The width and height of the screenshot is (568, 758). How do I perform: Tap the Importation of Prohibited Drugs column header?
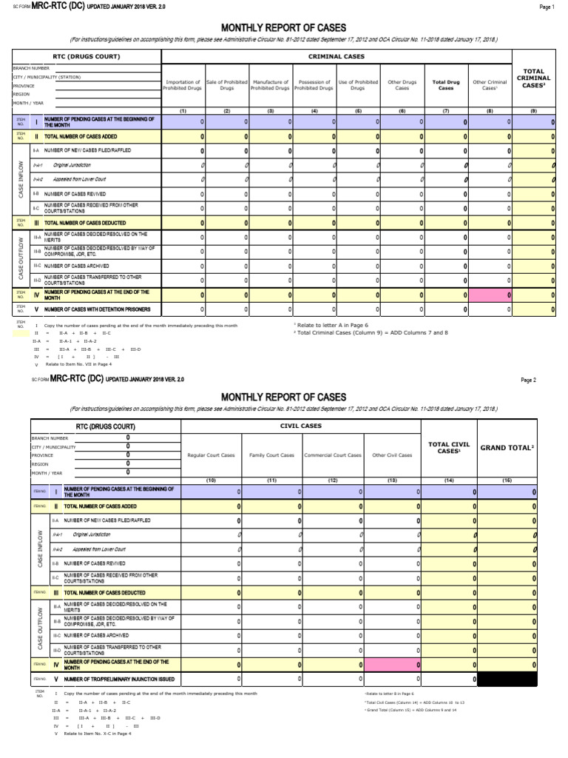[183, 85]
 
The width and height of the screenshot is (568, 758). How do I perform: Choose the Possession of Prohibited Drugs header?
[314, 85]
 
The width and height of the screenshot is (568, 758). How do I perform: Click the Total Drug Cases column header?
[446, 85]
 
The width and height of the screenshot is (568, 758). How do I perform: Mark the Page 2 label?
[528, 380]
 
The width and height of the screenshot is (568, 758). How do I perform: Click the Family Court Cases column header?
[271, 455]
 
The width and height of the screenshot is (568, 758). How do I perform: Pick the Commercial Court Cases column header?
[333, 455]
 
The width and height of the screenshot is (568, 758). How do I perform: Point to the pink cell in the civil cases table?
[390, 665]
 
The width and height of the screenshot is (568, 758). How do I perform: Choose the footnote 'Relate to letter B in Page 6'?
[388, 694]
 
